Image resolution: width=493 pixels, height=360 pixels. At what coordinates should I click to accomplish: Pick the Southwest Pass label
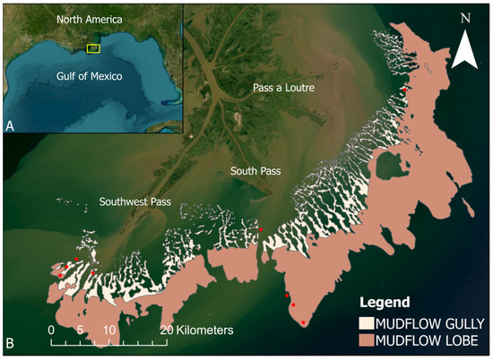click(x=135, y=201)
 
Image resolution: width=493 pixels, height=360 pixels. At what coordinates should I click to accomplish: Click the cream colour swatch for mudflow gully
click(x=366, y=321)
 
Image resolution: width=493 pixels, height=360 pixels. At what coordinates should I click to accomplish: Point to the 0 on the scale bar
click(x=51, y=330)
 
